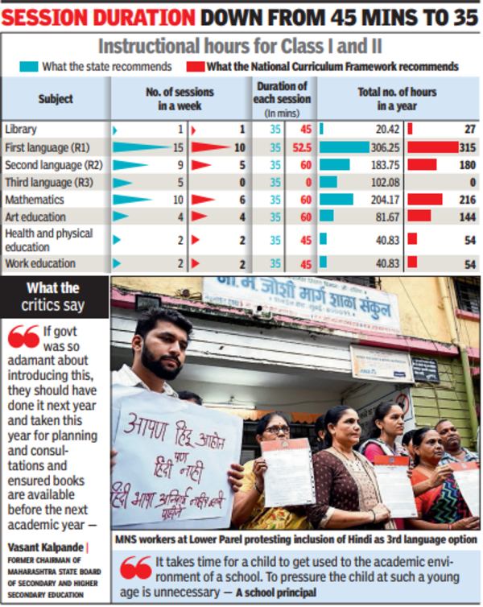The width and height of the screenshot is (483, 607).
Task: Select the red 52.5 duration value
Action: coord(302,147)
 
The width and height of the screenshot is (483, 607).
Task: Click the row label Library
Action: coord(20,130)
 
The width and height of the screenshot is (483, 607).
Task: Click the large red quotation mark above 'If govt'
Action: coord(24,336)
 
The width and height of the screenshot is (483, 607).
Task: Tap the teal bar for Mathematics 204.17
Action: coord(336,200)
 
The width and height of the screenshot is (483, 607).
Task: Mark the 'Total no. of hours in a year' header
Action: coord(398,99)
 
